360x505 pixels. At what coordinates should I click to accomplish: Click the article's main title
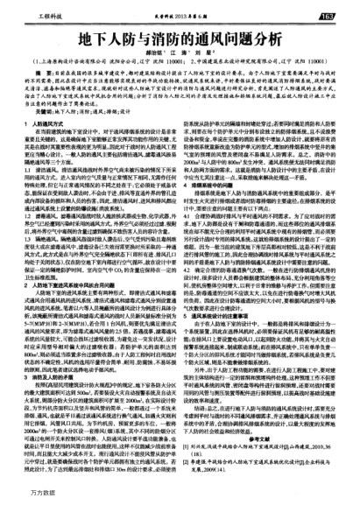click(x=180, y=40)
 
